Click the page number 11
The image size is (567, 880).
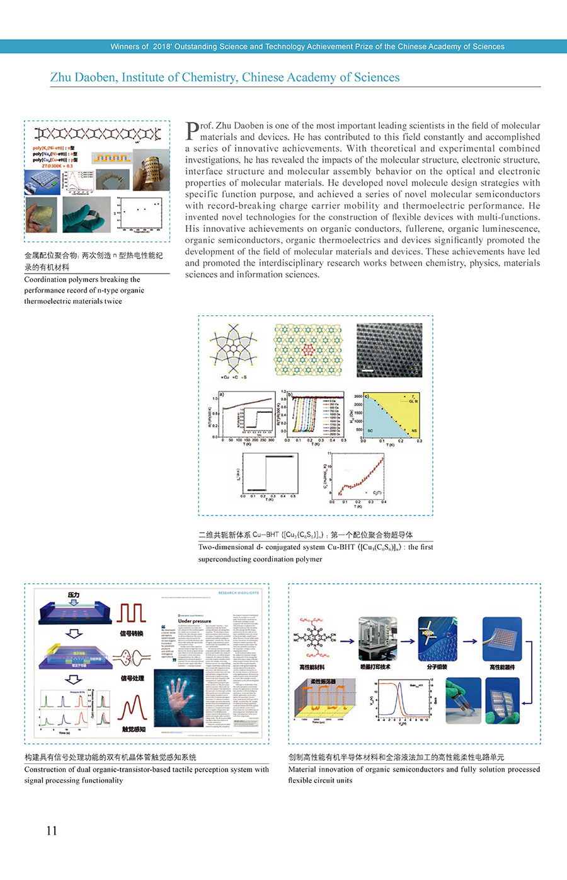pyautogui.click(x=52, y=830)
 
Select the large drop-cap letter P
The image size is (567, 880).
pyautogui.click(x=192, y=130)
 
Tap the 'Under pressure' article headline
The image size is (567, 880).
pyautogui.click(x=195, y=621)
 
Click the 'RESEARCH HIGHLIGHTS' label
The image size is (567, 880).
pyautogui.click(x=239, y=593)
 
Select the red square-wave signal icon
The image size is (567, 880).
pyautogui.click(x=132, y=613)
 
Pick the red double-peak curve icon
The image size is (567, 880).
pyautogui.click(x=133, y=709)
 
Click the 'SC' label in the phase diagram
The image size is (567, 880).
pyautogui.click(x=370, y=431)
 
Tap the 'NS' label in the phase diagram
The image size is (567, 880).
pyautogui.click(x=414, y=431)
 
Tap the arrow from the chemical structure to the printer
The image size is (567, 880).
pyautogui.click(x=346, y=641)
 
